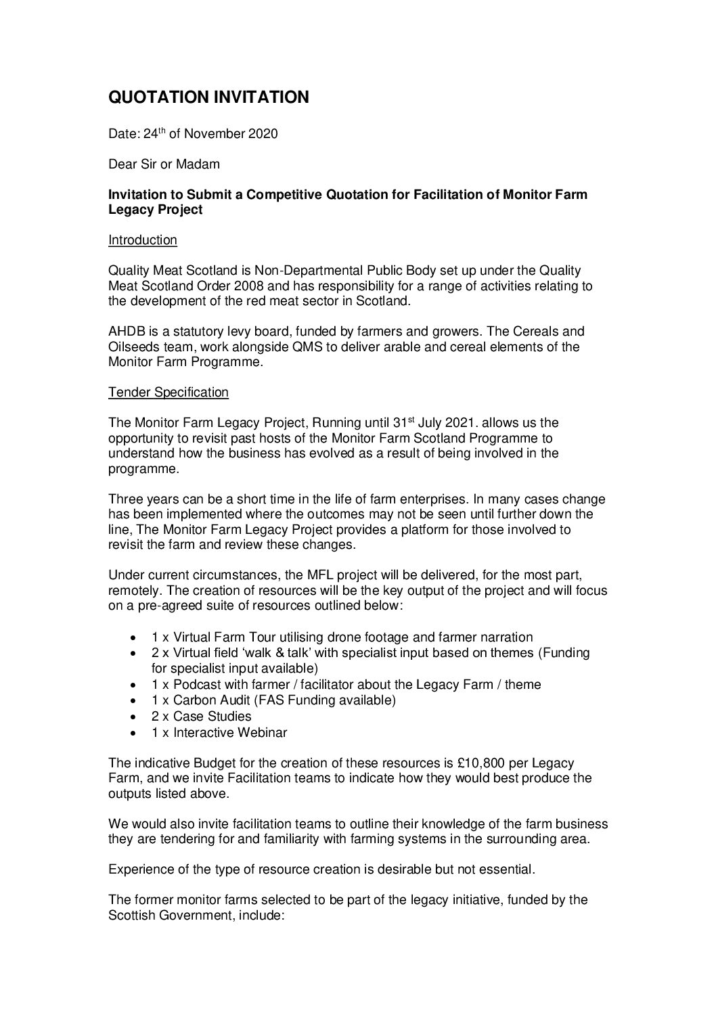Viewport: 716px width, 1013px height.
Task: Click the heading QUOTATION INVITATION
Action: tap(209, 97)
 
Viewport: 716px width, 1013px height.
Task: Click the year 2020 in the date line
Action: tap(263, 134)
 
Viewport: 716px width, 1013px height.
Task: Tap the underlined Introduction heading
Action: tap(143, 240)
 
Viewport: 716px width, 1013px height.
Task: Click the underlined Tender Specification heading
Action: tap(169, 392)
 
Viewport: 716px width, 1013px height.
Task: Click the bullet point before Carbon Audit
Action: tap(137, 700)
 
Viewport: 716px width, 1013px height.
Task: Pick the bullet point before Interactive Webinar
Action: tap(137, 733)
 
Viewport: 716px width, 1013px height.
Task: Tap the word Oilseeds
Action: tap(134, 347)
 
